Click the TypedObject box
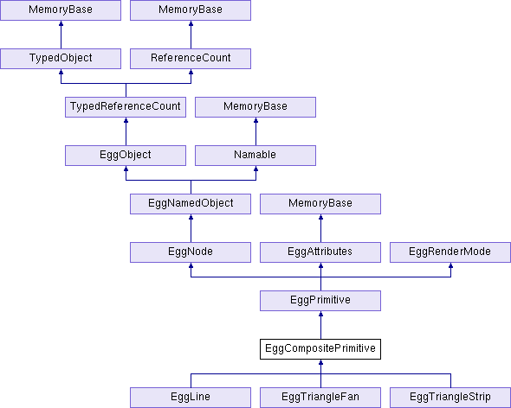coord(61,59)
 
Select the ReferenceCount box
coord(191,59)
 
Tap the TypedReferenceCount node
coord(126,107)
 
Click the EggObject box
coord(126,156)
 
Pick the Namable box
coord(255,156)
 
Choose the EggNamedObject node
coord(191,204)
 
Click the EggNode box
coord(191,252)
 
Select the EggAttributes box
coord(320,252)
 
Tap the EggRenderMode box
coord(450,252)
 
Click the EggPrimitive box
coord(320,301)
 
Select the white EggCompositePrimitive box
coord(320,349)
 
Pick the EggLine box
coord(191,398)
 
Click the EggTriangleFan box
coord(320,398)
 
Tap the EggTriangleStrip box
coord(450,398)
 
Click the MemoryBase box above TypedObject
coord(61,10)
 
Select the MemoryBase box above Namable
coord(255,107)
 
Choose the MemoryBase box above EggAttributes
coord(320,204)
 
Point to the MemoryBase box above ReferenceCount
coord(191,10)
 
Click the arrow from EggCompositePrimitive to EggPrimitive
coord(320,325)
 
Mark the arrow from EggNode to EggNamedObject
coord(191,228)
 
